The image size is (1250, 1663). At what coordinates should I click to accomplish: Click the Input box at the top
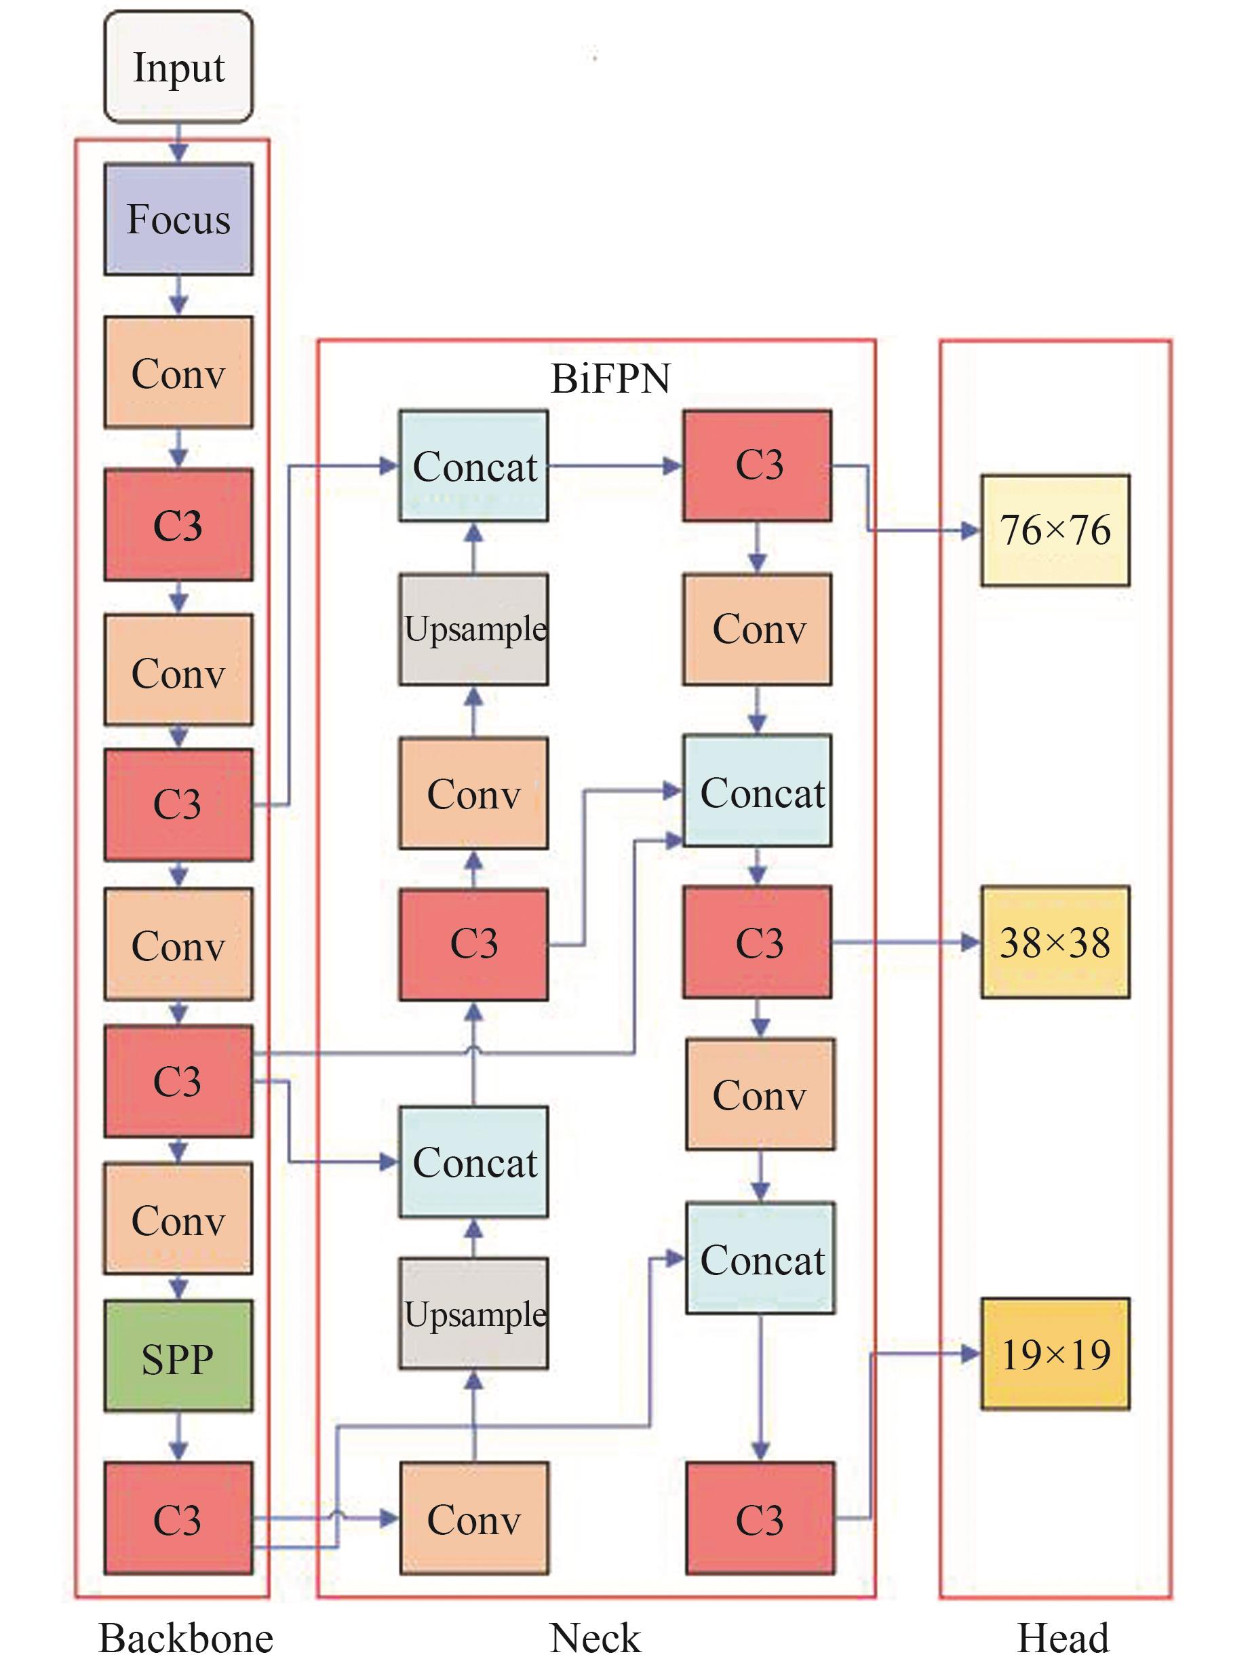(x=178, y=67)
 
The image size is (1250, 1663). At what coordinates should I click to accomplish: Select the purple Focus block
(x=178, y=219)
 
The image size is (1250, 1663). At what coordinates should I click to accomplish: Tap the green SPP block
(x=178, y=1358)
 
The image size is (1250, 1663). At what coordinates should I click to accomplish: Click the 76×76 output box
(x=1055, y=530)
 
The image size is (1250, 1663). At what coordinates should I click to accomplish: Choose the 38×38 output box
(x=1055, y=942)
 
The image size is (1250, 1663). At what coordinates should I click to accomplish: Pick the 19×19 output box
(x=1055, y=1354)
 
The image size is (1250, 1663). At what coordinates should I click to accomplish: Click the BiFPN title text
(x=610, y=378)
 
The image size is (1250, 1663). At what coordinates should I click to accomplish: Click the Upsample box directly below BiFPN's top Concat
(x=473, y=629)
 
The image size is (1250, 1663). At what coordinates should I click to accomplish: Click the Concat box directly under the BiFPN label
(x=473, y=466)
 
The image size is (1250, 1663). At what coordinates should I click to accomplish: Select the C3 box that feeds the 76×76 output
(x=757, y=465)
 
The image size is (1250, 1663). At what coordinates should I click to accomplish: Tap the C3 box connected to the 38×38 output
(x=757, y=942)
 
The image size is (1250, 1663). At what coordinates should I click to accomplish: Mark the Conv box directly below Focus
(x=178, y=372)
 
